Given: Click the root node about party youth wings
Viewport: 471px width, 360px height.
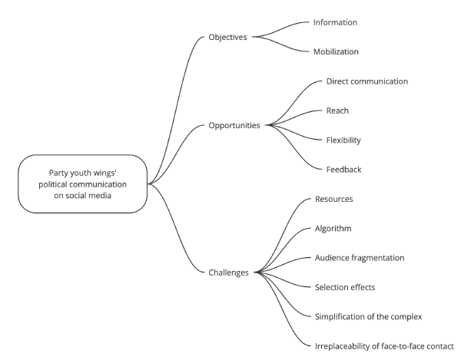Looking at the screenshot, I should pos(83,184).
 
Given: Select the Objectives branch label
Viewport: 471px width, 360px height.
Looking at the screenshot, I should pos(228,37).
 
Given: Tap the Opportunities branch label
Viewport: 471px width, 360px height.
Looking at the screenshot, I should pos(234,125).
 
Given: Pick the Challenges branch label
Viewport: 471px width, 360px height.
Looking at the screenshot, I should pos(228,272).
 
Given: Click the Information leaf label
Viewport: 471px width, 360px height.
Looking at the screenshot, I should pos(336,22).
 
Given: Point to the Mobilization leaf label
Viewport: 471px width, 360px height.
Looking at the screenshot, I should pos(337,52).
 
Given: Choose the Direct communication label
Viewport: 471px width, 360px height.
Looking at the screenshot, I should pos(367,81).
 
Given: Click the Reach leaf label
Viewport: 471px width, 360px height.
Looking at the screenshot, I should pos(337,111).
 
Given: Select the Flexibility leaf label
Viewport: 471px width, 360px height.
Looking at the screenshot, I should pos(343,140).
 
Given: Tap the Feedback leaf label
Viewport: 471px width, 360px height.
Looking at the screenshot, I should pos(343,169).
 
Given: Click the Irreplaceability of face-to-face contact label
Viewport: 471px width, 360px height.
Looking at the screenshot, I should pos(385,346).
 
